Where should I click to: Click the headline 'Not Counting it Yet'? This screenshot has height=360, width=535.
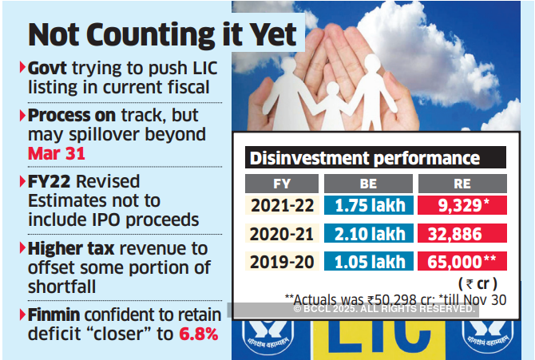click(x=161, y=37)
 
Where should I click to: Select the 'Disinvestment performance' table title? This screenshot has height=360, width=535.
click(x=366, y=157)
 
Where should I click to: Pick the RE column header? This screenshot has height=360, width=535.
click(x=462, y=183)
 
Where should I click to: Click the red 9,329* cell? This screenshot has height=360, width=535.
click(x=462, y=205)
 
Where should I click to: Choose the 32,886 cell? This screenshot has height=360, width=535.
click(x=462, y=234)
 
